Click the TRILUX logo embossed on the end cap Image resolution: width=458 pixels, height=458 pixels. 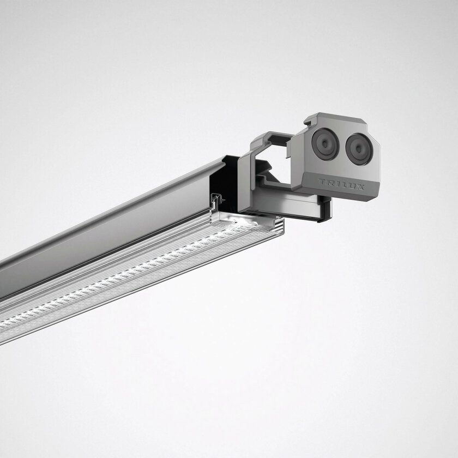click(341, 184)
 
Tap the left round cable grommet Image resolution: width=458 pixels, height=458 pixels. click(325, 144)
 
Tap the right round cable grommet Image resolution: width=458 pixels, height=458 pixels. click(359, 149)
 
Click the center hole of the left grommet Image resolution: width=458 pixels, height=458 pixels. click(325, 144)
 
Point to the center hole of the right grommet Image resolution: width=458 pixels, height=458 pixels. click(359, 149)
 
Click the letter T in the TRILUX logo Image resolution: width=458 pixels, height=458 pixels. click(322, 182)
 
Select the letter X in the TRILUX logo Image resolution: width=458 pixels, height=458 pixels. click(360, 187)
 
